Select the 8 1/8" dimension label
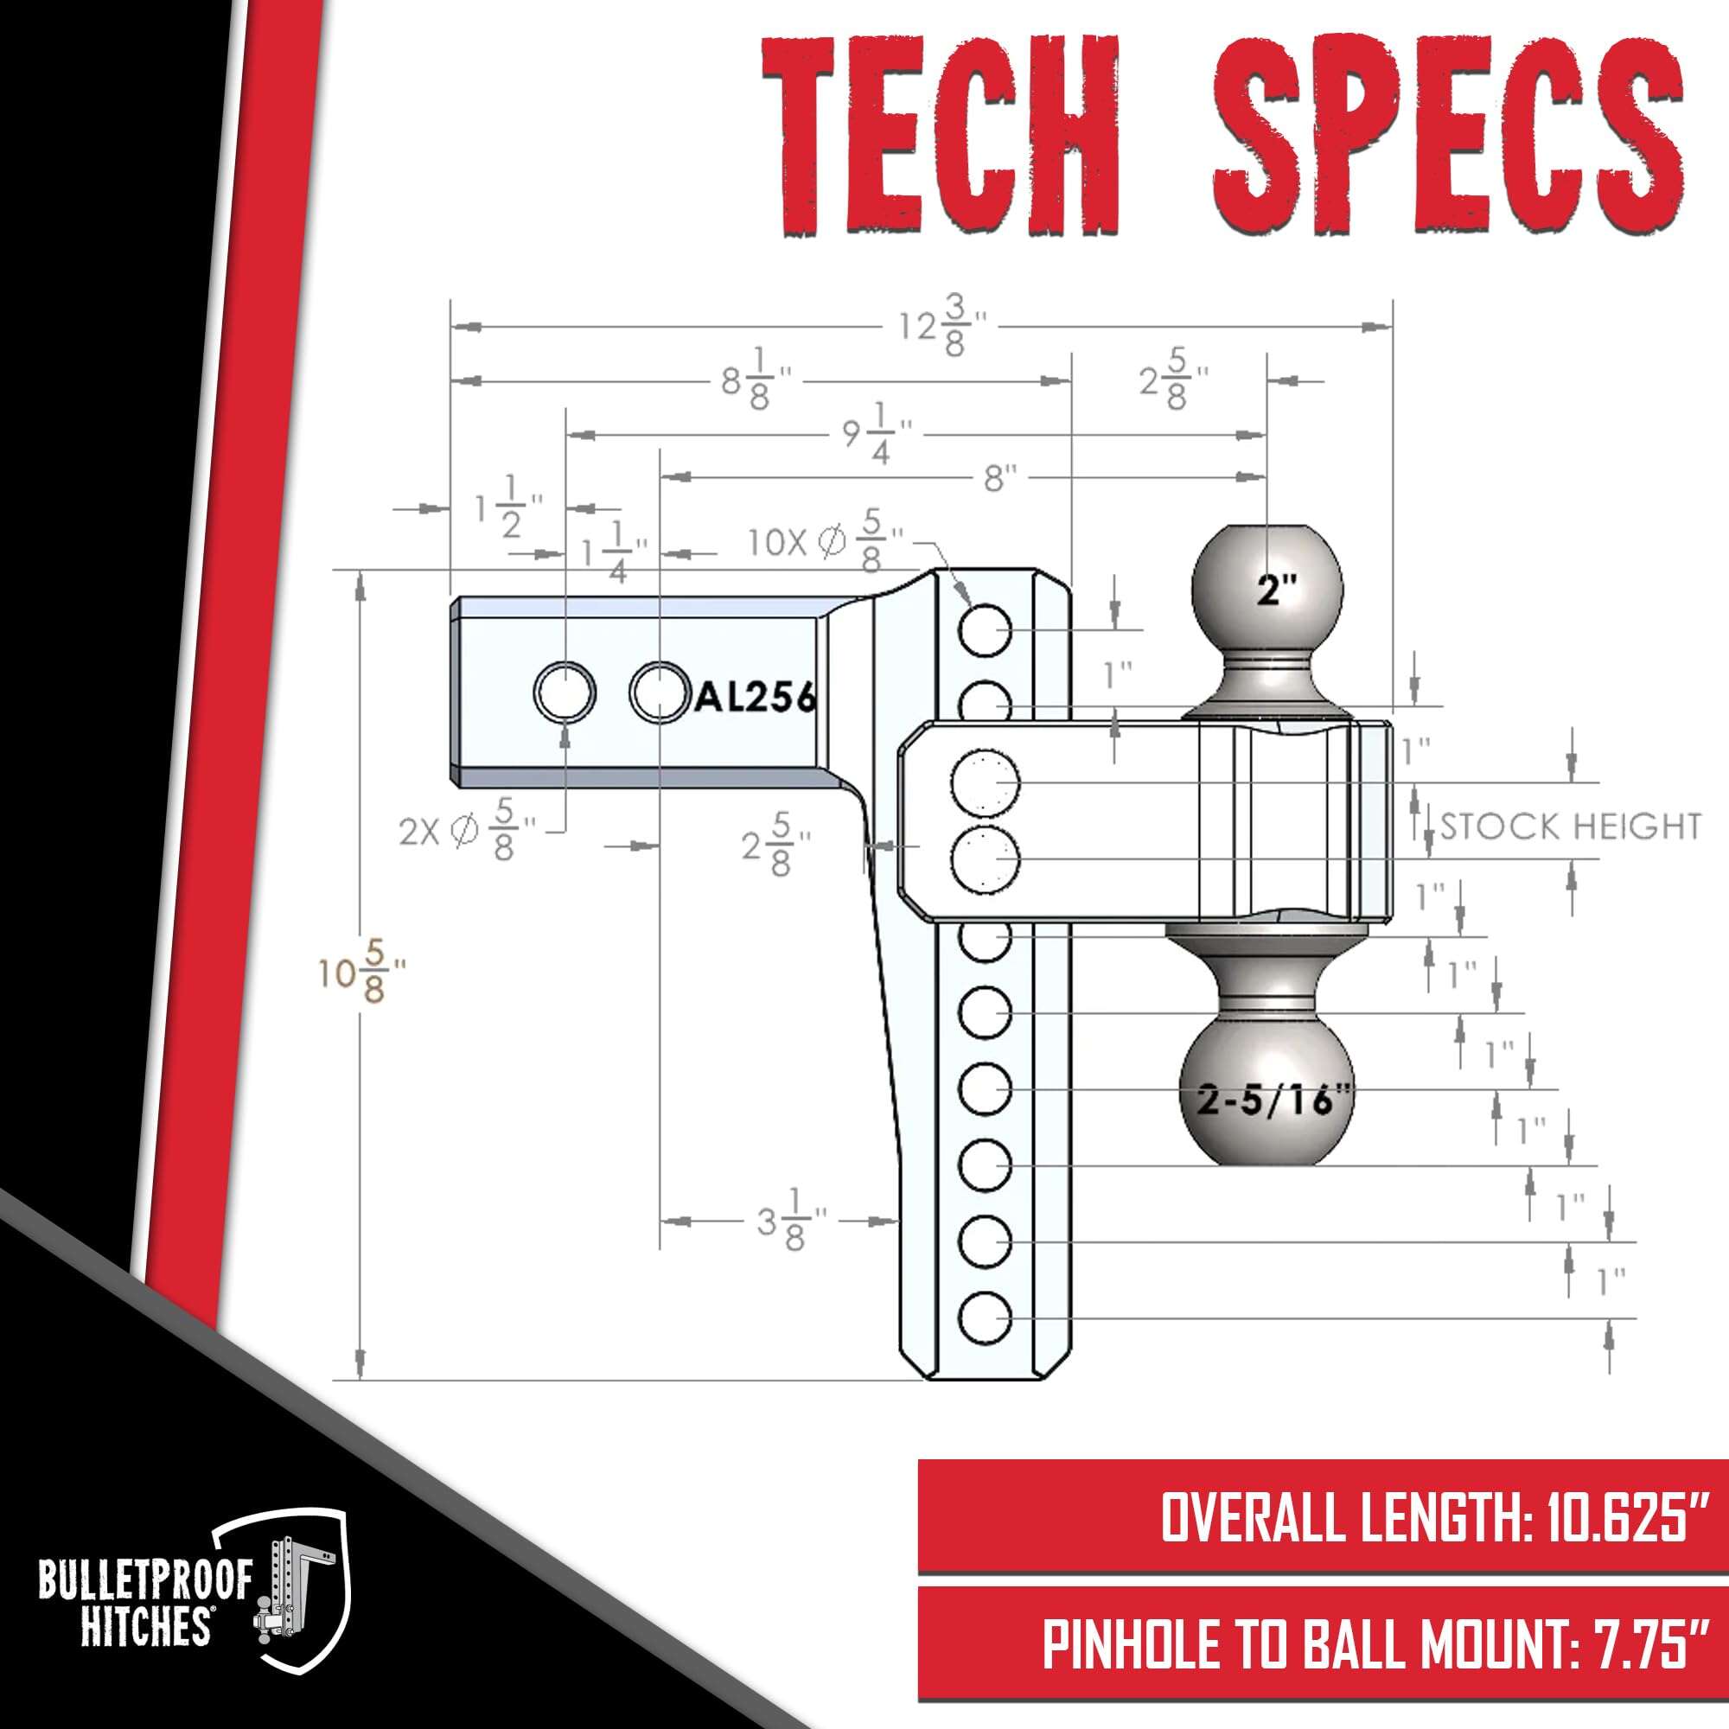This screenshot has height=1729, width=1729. (x=757, y=380)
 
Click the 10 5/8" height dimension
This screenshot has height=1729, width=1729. (x=361, y=972)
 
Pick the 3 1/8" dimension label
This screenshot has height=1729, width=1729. (x=791, y=1221)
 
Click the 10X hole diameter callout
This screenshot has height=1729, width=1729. (x=825, y=539)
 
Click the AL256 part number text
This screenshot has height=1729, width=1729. (x=756, y=697)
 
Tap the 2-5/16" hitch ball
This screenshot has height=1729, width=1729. (x=1268, y=1099)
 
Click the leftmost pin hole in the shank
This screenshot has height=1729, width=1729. (x=565, y=692)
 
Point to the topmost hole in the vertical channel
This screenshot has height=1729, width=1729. (x=986, y=630)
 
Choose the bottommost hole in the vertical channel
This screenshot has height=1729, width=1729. (x=986, y=1319)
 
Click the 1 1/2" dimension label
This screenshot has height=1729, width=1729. (x=508, y=507)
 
